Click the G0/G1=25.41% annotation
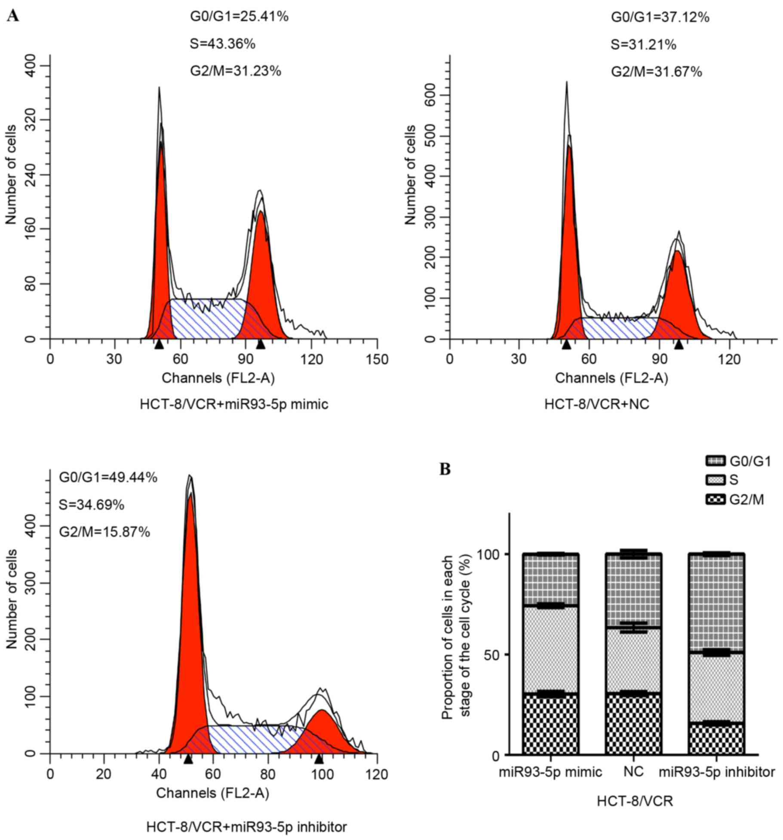(239, 17)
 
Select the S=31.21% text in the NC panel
(643, 44)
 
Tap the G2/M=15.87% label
(104, 532)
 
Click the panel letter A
(13, 16)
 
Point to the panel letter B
(445, 469)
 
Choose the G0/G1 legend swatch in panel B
(715, 462)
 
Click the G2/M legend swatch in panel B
(715, 499)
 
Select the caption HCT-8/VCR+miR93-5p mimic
(234, 404)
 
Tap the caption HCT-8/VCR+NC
(597, 404)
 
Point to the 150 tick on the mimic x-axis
(377, 359)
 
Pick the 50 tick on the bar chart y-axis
(493, 655)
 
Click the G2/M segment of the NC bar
(633, 723)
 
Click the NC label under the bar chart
(633, 772)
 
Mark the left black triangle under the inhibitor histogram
(188, 759)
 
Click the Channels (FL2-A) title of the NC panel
(611, 378)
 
